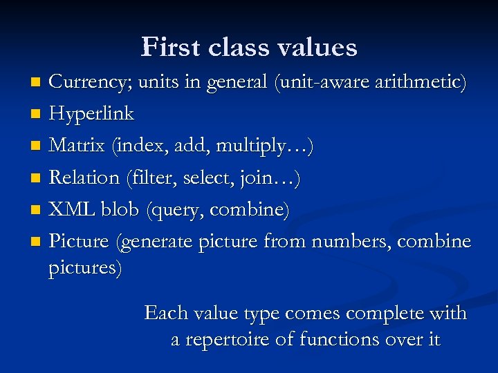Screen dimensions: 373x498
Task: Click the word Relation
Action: tap(84, 178)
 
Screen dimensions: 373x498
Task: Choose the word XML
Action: tap(68, 209)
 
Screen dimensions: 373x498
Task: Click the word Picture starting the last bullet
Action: tap(79, 241)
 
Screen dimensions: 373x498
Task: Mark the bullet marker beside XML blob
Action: tap(36, 210)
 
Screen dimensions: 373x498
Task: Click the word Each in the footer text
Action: tap(167, 313)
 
